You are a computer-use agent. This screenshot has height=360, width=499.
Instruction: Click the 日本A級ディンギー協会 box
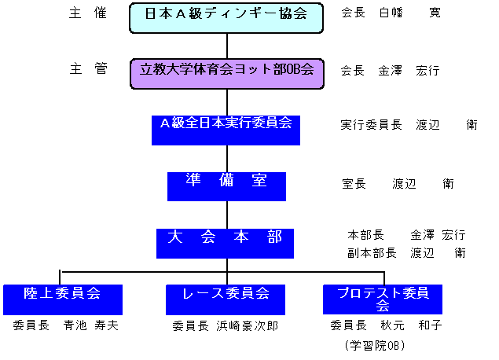pyautogui.click(x=226, y=18)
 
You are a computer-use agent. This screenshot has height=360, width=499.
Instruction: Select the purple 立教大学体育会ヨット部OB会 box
pyautogui.click(x=227, y=74)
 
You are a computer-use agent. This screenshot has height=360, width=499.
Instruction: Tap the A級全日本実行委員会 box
pyautogui.click(x=226, y=130)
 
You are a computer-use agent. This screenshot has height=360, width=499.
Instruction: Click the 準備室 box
pyautogui.click(x=226, y=186)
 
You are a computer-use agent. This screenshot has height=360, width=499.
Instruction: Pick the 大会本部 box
pyautogui.click(x=225, y=244)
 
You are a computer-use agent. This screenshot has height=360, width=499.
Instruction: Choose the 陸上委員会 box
pyautogui.click(x=63, y=299)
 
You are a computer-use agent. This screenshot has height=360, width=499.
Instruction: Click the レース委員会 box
pyautogui.click(x=226, y=299)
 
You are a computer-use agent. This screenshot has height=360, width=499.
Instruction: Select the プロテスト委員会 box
pyautogui.click(x=383, y=299)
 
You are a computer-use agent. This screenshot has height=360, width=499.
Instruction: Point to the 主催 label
pyautogui.click(x=88, y=13)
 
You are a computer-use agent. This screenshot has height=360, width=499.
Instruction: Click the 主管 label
pyautogui.click(x=89, y=68)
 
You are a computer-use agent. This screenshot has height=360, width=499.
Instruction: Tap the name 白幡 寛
pyautogui.click(x=410, y=13)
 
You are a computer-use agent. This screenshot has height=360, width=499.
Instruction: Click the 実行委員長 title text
pyautogui.click(x=371, y=125)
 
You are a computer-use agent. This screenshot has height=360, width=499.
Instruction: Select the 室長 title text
pyautogui.click(x=354, y=184)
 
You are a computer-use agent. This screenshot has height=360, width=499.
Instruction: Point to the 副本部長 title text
pyautogui.click(x=372, y=253)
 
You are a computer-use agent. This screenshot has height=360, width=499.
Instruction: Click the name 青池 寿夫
pyautogui.click(x=91, y=325)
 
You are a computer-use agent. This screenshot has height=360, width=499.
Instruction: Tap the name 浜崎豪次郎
pyautogui.click(x=248, y=326)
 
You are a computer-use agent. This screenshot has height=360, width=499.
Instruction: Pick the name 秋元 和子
pyautogui.click(x=411, y=325)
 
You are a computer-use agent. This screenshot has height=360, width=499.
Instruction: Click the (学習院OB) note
pyautogui.click(x=375, y=345)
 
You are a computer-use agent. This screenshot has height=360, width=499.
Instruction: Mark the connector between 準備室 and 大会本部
pyautogui.click(x=227, y=215)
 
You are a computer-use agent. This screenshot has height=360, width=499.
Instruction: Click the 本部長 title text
pyautogui.click(x=365, y=235)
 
